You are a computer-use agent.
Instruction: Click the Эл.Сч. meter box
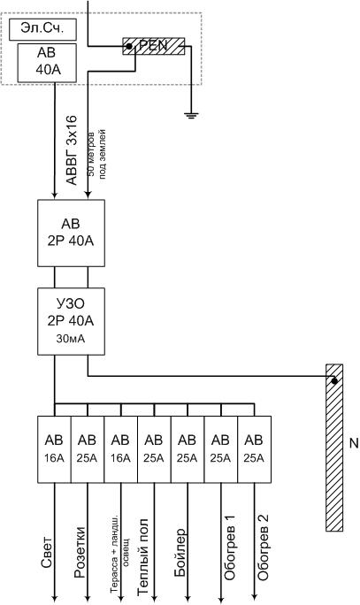(42, 30)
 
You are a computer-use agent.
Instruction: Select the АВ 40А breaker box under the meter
(47, 63)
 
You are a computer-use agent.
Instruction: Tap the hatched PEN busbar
(154, 46)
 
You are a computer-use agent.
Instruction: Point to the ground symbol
(190, 115)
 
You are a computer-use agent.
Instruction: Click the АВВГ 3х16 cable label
(72, 149)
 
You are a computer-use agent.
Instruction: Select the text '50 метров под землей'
(96, 154)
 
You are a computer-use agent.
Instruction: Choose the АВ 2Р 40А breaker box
(71, 233)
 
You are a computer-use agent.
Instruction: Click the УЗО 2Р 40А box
(71, 321)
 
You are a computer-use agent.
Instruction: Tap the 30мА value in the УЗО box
(71, 339)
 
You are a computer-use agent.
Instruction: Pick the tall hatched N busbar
(334, 448)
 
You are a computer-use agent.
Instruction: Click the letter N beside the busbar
(354, 443)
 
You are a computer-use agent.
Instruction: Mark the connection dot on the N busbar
(334, 381)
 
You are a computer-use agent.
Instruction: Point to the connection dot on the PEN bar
(129, 46)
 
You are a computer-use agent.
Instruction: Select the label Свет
(46, 552)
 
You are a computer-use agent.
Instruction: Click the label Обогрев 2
(263, 548)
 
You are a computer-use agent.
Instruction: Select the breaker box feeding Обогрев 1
(221, 449)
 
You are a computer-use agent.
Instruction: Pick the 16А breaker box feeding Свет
(54, 449)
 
